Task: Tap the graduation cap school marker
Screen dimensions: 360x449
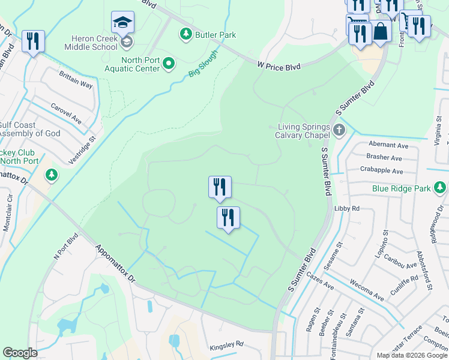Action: (122, 23)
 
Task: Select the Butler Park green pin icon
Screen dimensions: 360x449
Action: (184, 35)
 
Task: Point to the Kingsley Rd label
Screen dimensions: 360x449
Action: (226, 345)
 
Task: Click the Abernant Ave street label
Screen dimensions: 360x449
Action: (388, 145)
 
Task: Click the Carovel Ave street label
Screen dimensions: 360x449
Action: (66, 112)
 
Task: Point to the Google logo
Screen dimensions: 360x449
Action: (20, 352)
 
